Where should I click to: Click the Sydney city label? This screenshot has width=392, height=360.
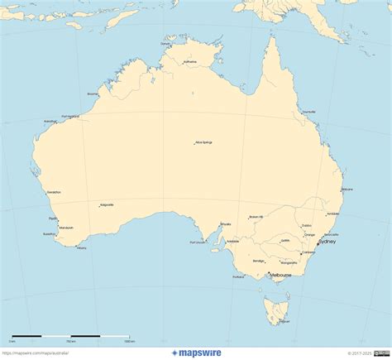327,242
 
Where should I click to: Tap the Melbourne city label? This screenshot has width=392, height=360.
280,274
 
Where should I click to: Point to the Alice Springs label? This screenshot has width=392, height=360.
203,142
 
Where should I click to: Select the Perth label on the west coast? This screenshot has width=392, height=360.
54,218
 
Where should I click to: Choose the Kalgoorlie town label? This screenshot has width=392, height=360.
107,204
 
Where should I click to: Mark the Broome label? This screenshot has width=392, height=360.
93,94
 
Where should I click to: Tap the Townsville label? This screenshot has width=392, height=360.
309,112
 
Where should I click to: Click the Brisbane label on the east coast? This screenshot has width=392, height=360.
347,190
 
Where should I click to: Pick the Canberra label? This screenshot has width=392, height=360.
309,252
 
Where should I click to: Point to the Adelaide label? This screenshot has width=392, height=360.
233,241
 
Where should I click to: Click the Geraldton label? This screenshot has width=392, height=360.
55,192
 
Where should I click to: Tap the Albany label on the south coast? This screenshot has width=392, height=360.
81,247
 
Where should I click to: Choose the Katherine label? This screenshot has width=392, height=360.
190,61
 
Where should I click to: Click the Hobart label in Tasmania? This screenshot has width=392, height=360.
284,321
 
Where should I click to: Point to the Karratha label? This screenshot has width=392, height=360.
50,122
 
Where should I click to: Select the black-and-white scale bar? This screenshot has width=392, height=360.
70,336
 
